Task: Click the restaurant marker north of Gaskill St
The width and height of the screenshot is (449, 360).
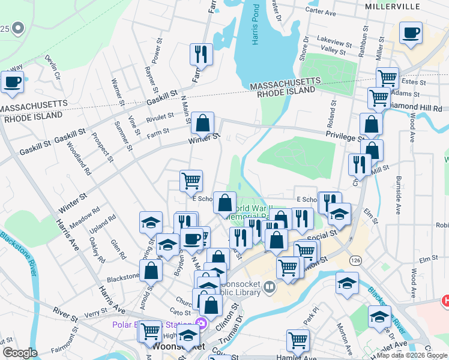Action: (201, 55)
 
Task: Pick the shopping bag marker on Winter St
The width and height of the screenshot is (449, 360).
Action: (203, 124)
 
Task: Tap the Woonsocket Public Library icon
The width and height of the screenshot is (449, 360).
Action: (269, 288)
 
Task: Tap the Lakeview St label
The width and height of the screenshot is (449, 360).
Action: (335, 43)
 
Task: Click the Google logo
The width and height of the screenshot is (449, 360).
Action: (20, 353)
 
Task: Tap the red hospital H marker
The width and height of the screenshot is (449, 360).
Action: (445, 300)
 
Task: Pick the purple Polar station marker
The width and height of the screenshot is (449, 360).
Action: (202, 325)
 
